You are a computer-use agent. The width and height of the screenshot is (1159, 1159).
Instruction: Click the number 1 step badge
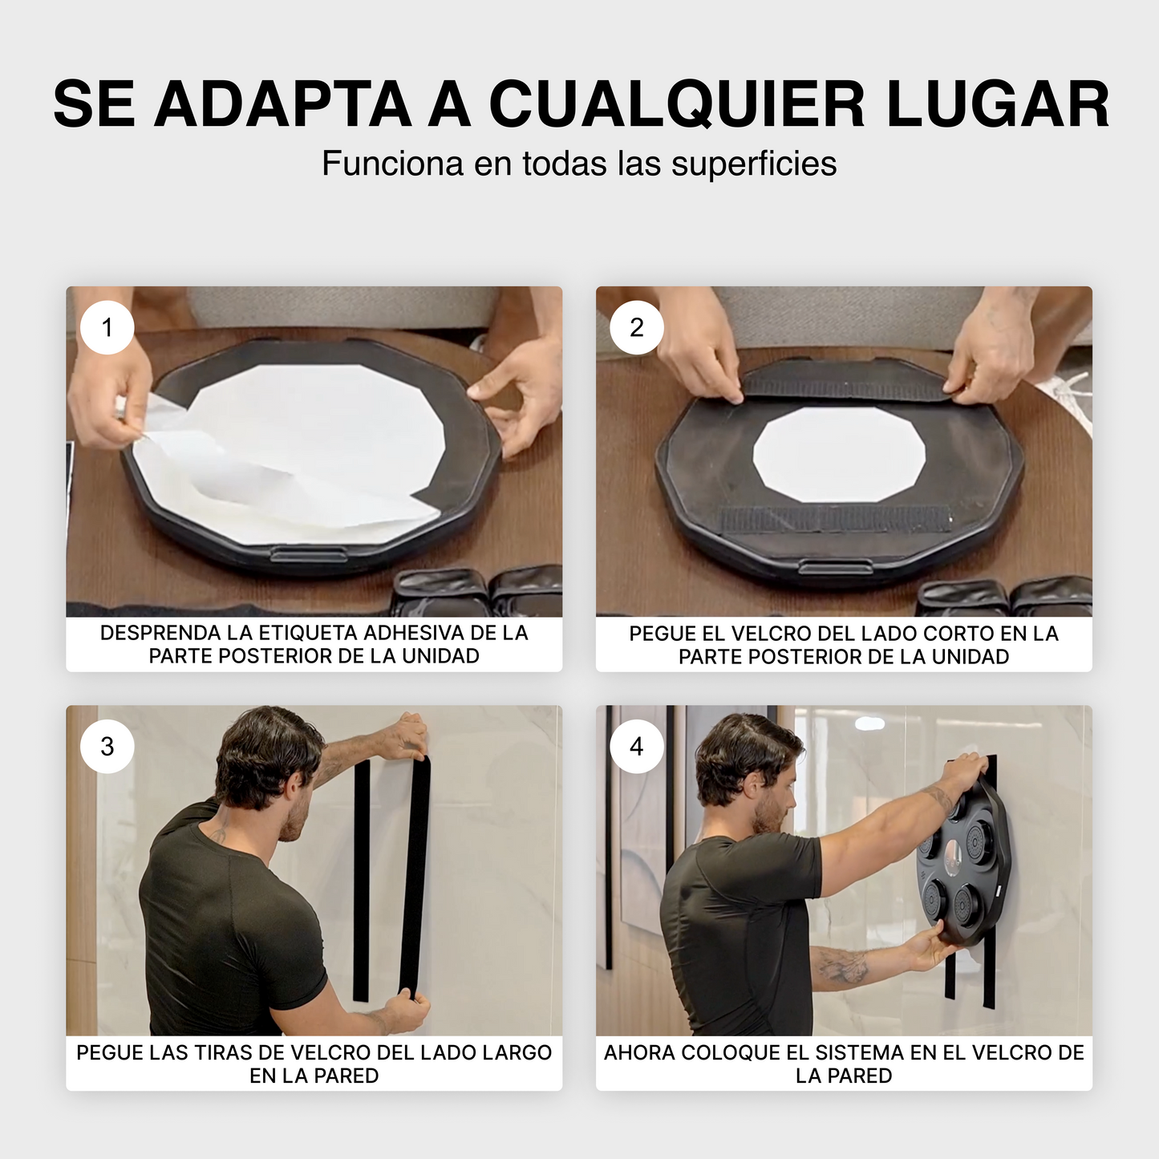[107, 327]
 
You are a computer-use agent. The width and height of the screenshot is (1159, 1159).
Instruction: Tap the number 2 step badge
[636, 327]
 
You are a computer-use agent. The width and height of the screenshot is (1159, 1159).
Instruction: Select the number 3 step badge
[107, 747]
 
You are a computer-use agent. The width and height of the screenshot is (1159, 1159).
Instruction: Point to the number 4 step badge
[636, 747]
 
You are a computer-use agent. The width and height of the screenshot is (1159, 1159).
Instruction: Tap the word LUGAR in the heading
[998, 103]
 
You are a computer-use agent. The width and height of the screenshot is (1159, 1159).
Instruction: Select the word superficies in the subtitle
[754, 164]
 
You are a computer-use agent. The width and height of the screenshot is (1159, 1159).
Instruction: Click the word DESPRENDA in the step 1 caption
[160, 633]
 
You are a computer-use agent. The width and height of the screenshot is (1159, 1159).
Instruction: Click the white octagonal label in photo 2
[839, 454]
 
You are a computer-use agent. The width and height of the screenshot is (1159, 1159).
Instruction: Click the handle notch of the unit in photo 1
[309, 554]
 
